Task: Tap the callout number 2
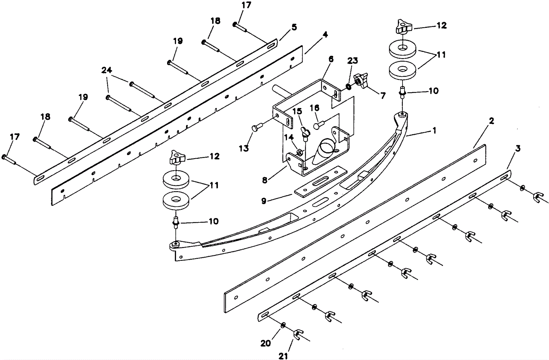point(491,121)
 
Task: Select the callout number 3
point(518,148)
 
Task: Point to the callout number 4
point(325,34)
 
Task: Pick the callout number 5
point(294,27)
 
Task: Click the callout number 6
point(331,59)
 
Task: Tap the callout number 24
point(106,70)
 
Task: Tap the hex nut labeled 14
point(299,151)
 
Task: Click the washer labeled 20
point(283,325)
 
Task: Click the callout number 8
point(265,180)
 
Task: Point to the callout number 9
point(264,201)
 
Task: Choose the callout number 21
point(283,356)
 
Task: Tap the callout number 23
point(352,60)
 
